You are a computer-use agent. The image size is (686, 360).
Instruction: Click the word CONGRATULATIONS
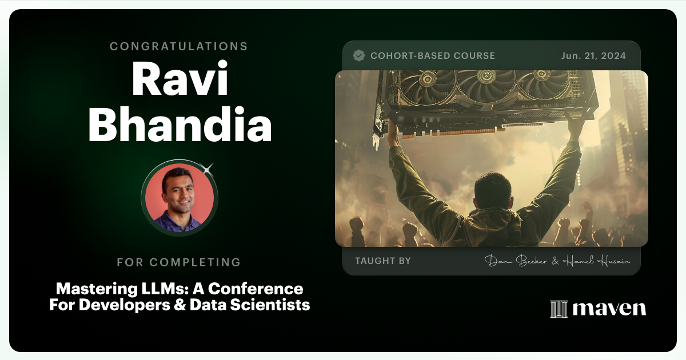pos(179,46)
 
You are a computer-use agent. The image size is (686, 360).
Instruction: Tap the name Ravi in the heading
pos(180,81)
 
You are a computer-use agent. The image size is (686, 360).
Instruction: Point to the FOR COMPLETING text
pos(179,263)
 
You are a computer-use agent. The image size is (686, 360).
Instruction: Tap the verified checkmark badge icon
pos(359,55)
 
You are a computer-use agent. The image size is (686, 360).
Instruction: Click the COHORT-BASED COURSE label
pos(433,55)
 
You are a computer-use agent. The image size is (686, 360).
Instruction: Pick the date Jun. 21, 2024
pos(593,55)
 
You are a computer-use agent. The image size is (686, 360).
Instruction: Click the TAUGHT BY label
pos(383,261)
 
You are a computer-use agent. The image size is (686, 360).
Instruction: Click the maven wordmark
pos(609,309)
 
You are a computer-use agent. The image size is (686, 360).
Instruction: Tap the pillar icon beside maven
pos(559,309)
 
